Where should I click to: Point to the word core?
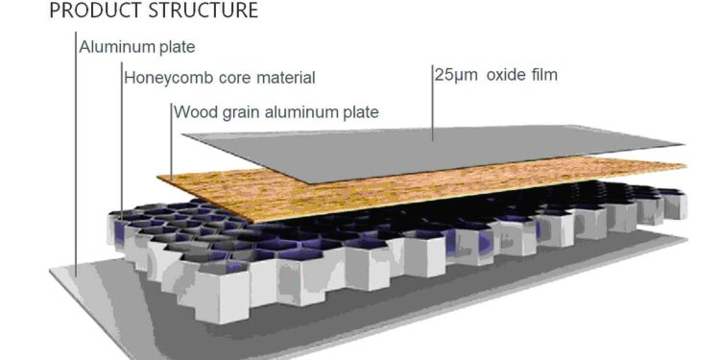pyautogui.click(x=227, y=77)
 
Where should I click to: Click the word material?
pyautogui.click(x=282, y=77)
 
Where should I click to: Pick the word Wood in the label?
pyautogui.click(x=194, y=111)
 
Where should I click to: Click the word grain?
pyautogui.click(x=241, y=112)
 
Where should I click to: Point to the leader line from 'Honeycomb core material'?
pyautogui.click(x=122, y=144)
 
